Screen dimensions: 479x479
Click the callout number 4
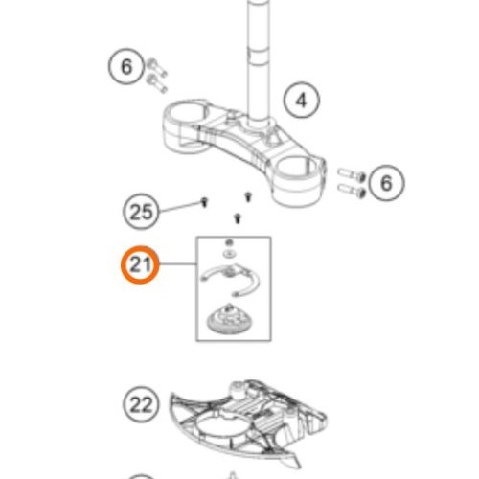[302, 100]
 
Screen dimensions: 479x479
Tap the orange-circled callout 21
[140, 264]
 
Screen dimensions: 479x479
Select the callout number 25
[141, 212]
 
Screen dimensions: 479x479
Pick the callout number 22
[141, 404]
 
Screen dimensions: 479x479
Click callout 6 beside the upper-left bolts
[126, 66]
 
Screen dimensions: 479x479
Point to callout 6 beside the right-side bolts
[386, 183]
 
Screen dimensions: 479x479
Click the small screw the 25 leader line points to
[204, 202]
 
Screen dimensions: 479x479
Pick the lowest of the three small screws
[237, 218]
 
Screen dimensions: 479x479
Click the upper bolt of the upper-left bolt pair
[157, 67]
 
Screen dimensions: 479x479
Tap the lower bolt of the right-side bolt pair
[352, 190]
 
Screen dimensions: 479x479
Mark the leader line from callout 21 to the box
[177, 263]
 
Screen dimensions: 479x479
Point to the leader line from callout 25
[179, 207]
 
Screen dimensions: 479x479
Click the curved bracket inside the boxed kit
[231, 279]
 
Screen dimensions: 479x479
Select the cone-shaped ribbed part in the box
[226, 319]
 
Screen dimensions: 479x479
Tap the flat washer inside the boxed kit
[229, 254]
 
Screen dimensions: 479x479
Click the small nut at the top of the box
[229, 242]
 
